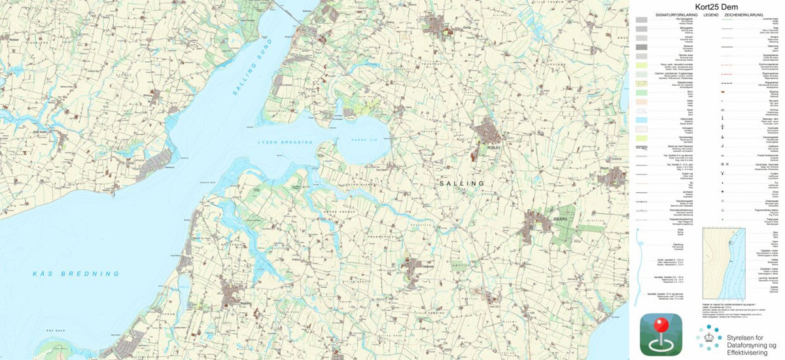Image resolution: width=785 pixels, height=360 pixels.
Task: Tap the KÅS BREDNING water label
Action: click(x=77, y=273)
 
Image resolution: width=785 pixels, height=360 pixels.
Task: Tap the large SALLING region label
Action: click(x=463, y=184)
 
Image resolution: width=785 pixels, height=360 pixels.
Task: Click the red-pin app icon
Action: click(x=660, y=334)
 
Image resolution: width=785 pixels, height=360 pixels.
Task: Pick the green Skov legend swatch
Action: click(x=642, y=94)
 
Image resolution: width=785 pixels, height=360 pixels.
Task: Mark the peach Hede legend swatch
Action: click(x=642, y=103)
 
